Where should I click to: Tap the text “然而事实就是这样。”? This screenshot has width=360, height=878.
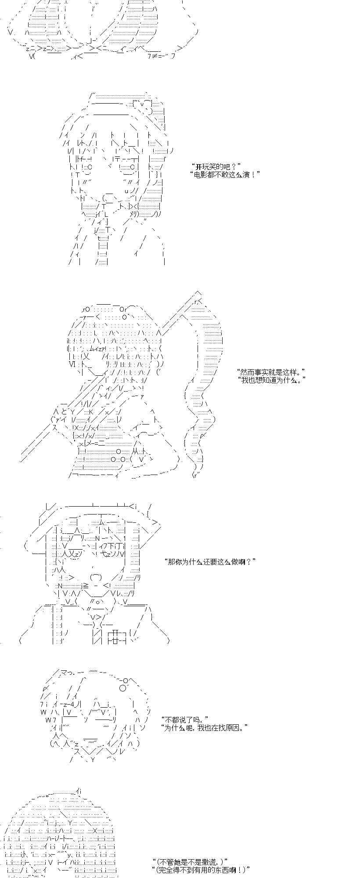270,372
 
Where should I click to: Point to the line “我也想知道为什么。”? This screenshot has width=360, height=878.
270,380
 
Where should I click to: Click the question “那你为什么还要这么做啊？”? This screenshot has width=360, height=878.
210,561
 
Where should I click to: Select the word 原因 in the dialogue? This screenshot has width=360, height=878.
235,727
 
